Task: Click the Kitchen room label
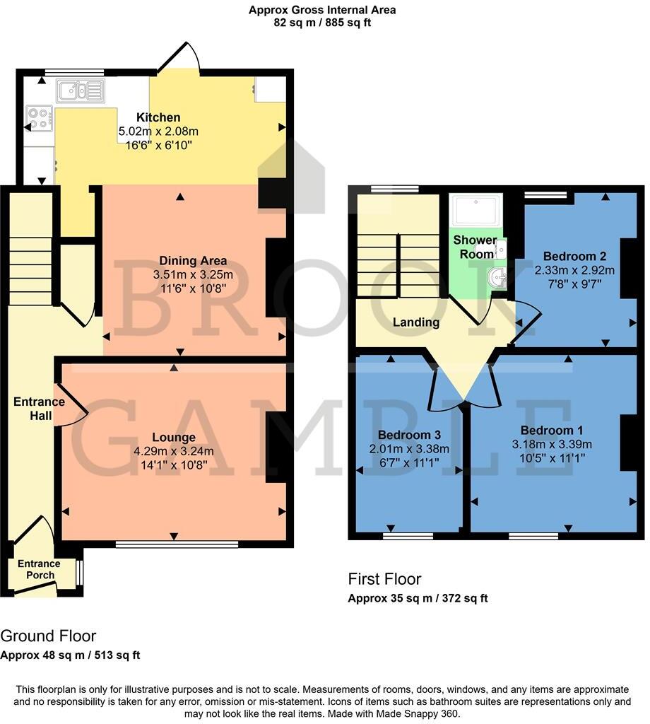[x=158, y=117]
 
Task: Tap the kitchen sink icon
[x=81, y=90]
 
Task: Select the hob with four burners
[x=39, y=118]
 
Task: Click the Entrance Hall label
[x=39, y=409]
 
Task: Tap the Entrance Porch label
[x=39, y=569]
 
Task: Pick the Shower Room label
[x=475, y=247]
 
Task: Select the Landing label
[x=416, y=322]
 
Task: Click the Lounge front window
[x=177, y=544]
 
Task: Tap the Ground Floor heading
[x=48, y=636]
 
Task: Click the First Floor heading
[x=384, y=579]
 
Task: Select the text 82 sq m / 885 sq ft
[x=322, y=23]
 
